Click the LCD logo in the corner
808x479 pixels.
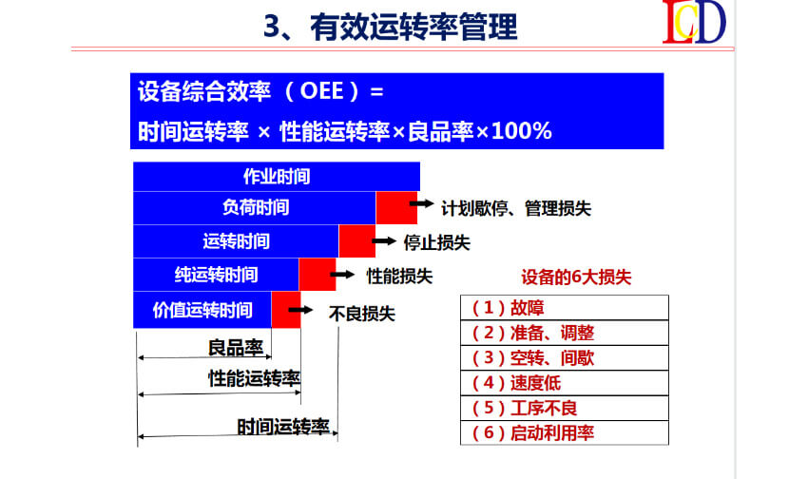pos(694,22)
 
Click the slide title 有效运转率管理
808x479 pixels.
pos(414,28)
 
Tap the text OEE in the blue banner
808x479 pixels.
pos(321,91)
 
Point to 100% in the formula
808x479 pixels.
pos(522,131)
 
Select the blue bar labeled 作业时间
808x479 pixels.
pos(277,176)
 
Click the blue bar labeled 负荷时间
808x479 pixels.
pos(255,207)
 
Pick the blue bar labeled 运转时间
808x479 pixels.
pos(236,241)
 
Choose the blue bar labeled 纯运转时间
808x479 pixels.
pos(216,275)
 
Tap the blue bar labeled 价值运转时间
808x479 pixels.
pos(202,310)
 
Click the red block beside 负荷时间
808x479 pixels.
pos(396,207)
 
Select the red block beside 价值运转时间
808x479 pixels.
pos(286,310)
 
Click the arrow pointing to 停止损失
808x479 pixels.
pos(384,241)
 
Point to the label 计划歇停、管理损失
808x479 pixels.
pos(516,208)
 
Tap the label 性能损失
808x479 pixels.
pos(399,277)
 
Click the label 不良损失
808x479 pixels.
pos(362,314)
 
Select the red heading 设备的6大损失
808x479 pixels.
pos(576,278)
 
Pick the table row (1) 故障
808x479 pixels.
pos(565,308)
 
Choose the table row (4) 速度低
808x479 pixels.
pos(565,383)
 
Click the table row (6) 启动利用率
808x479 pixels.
pos(565,432)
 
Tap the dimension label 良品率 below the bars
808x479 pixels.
pos(236,348)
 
